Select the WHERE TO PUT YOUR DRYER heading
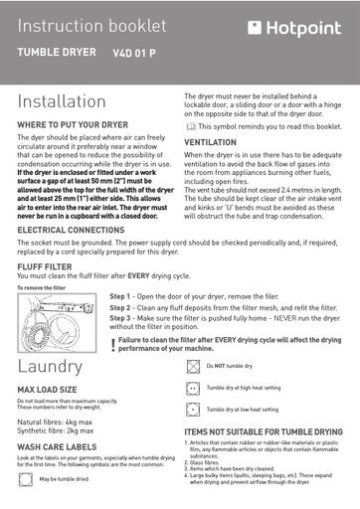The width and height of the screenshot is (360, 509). [x=73, y=125]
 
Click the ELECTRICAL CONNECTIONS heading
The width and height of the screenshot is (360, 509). [x=71, y=230]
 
